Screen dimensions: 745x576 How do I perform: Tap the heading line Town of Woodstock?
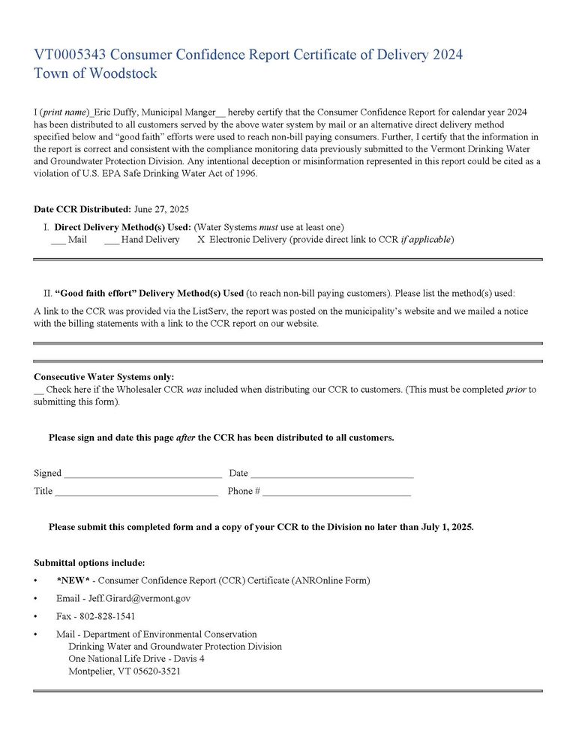95,73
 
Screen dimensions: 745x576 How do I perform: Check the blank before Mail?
58,240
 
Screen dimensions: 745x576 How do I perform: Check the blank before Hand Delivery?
111,240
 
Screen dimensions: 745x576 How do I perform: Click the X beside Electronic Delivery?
201,240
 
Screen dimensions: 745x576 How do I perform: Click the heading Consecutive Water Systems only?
104,377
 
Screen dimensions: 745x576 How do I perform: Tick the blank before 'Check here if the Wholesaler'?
39,390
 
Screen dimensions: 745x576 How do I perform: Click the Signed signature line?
142,474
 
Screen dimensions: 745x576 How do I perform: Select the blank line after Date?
331,474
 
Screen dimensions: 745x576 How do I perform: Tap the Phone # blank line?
336,492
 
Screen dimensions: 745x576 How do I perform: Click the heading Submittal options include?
89,562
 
